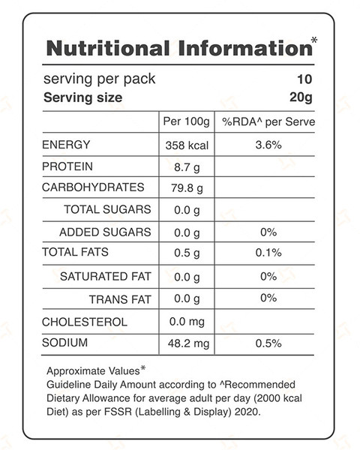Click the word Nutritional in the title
pos(108,48)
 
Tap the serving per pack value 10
pos(304,79)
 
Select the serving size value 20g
pos(301,97)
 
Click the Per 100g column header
pos(186,122)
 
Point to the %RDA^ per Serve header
pos(268,122)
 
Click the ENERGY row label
pos(66,145)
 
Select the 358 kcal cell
pos(187,145)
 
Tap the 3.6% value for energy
pos(268,145)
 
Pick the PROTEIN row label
pos(67,166)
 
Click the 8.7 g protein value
pos(187,167)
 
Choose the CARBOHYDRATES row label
pos(93,187)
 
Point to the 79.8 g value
pos(187,188)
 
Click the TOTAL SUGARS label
pos(107,209)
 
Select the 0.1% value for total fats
pos(268,253)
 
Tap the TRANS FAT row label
pos(120,299)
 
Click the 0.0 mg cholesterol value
pos(187,322)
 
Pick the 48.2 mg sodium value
pos(188,343)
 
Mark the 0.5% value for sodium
pos(268,343)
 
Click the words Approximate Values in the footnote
pos(93,371)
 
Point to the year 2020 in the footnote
pos(246,412)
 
